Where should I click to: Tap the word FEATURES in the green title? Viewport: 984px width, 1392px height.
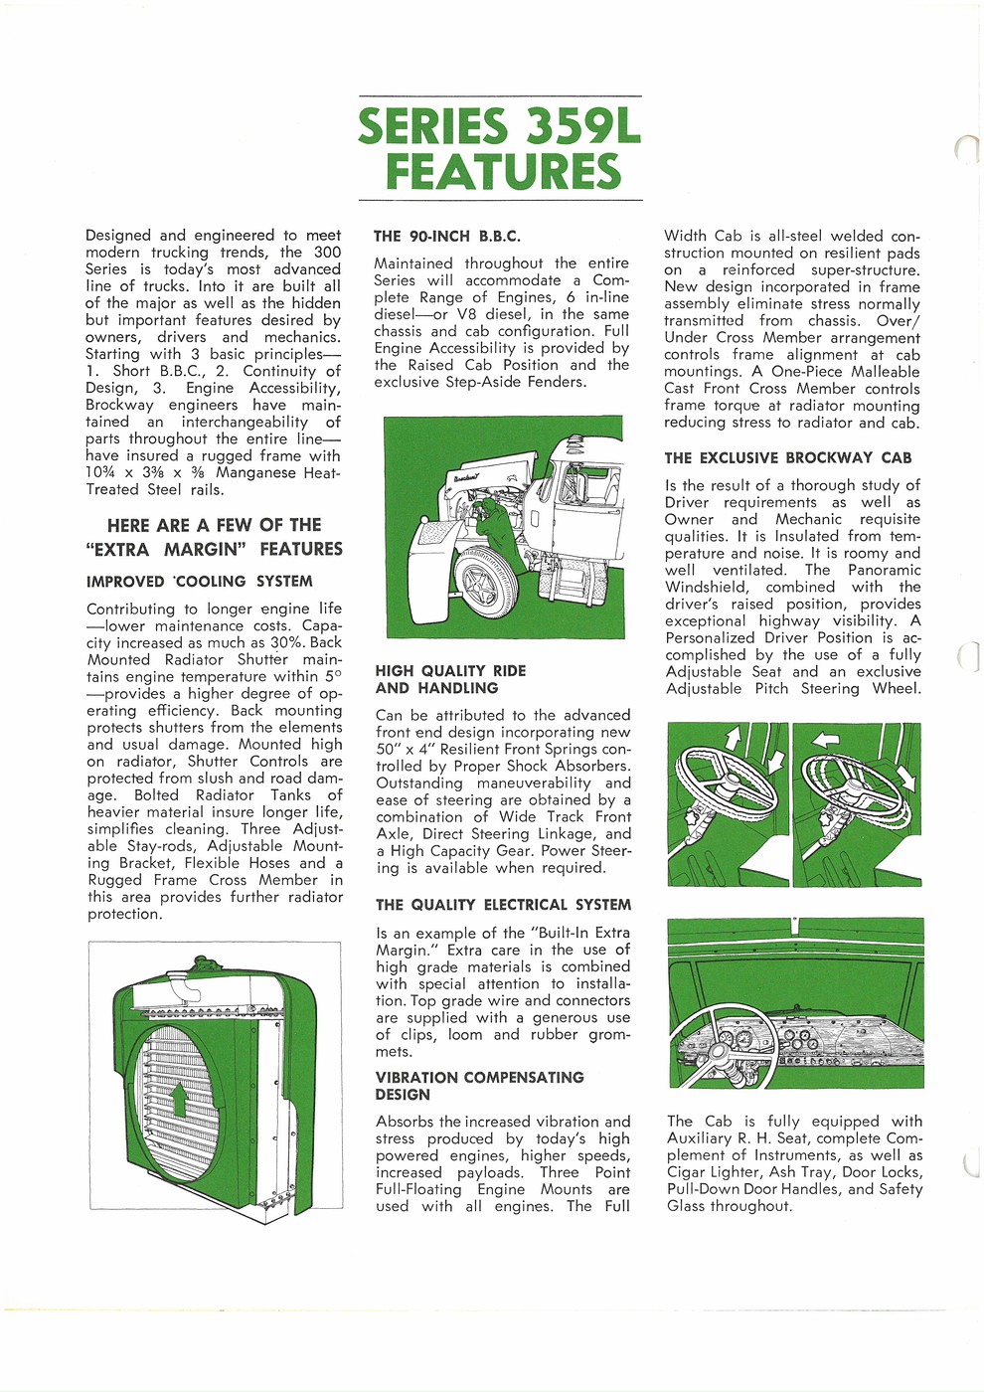[x=503, y=171]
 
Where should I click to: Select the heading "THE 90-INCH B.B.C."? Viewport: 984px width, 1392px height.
[x=447, y=237]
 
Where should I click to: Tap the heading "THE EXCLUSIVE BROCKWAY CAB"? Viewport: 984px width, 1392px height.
[x=788, y=458]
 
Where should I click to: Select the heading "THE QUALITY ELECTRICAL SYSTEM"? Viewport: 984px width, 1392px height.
[x=503, y=905]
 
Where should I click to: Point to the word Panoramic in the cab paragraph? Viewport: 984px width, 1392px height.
[x=884, y=570]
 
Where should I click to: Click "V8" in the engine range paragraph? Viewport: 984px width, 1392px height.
[x=468, y=314]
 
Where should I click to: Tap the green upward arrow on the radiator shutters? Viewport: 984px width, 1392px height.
[x=179, y=1100]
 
